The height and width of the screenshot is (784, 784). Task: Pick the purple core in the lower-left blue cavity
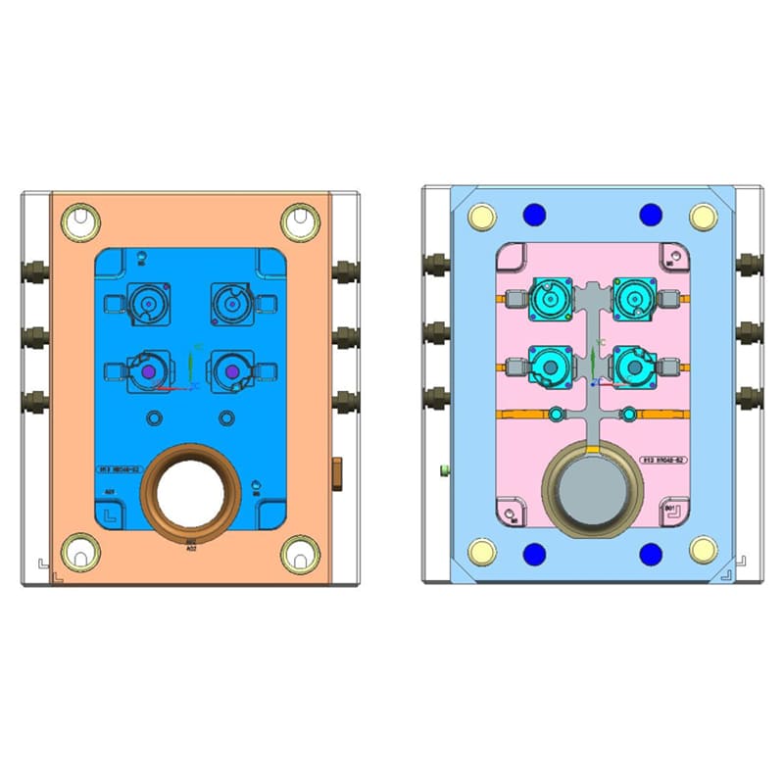coord(146,372)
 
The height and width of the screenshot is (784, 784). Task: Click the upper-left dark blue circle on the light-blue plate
coord(535,214)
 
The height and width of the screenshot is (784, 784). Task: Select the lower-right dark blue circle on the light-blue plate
coord(650,555)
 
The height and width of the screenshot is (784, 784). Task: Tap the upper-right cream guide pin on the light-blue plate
coord(702,216)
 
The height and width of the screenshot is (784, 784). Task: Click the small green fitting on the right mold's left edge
coord(444,471)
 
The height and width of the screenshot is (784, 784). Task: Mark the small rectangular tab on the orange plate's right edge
coord(339,471)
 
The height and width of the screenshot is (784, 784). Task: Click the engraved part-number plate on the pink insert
coord(661,458)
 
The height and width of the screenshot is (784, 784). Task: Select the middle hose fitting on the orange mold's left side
coord(34,335)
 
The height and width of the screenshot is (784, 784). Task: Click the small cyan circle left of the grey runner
coord(557,415)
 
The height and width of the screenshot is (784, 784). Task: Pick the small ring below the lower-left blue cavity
coord(154,418)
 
